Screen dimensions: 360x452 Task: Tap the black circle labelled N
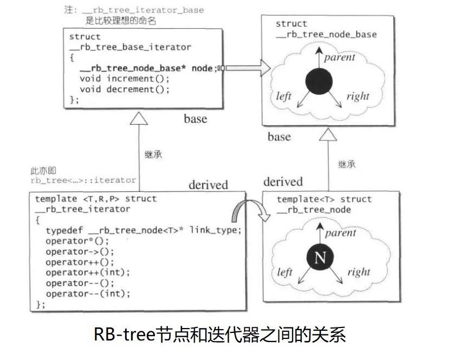coord(320,258)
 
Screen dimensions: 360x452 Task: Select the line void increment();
coord(124,79)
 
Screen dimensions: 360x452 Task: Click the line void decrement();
coord(124,89)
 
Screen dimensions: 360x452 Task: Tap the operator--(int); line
coord(88,293)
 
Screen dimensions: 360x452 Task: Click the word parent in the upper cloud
coord(340,57)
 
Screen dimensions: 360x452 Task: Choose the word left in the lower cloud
coord(285,272)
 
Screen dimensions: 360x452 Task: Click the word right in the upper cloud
coord(358,97)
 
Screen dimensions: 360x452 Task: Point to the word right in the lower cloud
coord(359,272)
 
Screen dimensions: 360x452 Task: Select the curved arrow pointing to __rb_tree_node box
coord(248,211)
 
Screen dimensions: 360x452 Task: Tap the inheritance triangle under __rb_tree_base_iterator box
coord(139,118)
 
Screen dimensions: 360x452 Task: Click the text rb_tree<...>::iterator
coord(83,180)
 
